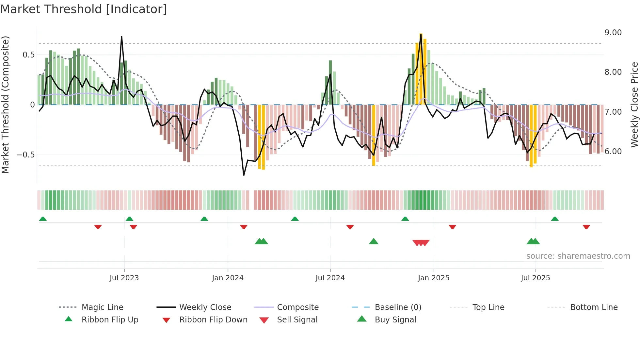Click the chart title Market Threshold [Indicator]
point(84,9)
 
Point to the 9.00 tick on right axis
point(613,33)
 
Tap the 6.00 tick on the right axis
point(613,152)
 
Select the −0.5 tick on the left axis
point(25,155)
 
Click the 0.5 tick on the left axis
point(28,55)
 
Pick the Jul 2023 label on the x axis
point(124,278)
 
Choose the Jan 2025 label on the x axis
point(433,278)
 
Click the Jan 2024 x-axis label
point(228,278)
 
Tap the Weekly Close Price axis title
point(634,105)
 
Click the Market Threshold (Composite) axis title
point(5,105)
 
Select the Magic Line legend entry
point(102,307)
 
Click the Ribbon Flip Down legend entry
point(213,320)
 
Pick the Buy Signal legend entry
point(395,320)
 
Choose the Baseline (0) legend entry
point(398,307)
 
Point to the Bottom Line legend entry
point(594,307)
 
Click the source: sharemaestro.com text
point(578,256)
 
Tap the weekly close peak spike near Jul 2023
point(121,37)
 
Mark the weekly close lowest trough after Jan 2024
point(244,175)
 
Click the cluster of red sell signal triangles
point(421,243)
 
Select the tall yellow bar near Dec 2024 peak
point(421,69)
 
